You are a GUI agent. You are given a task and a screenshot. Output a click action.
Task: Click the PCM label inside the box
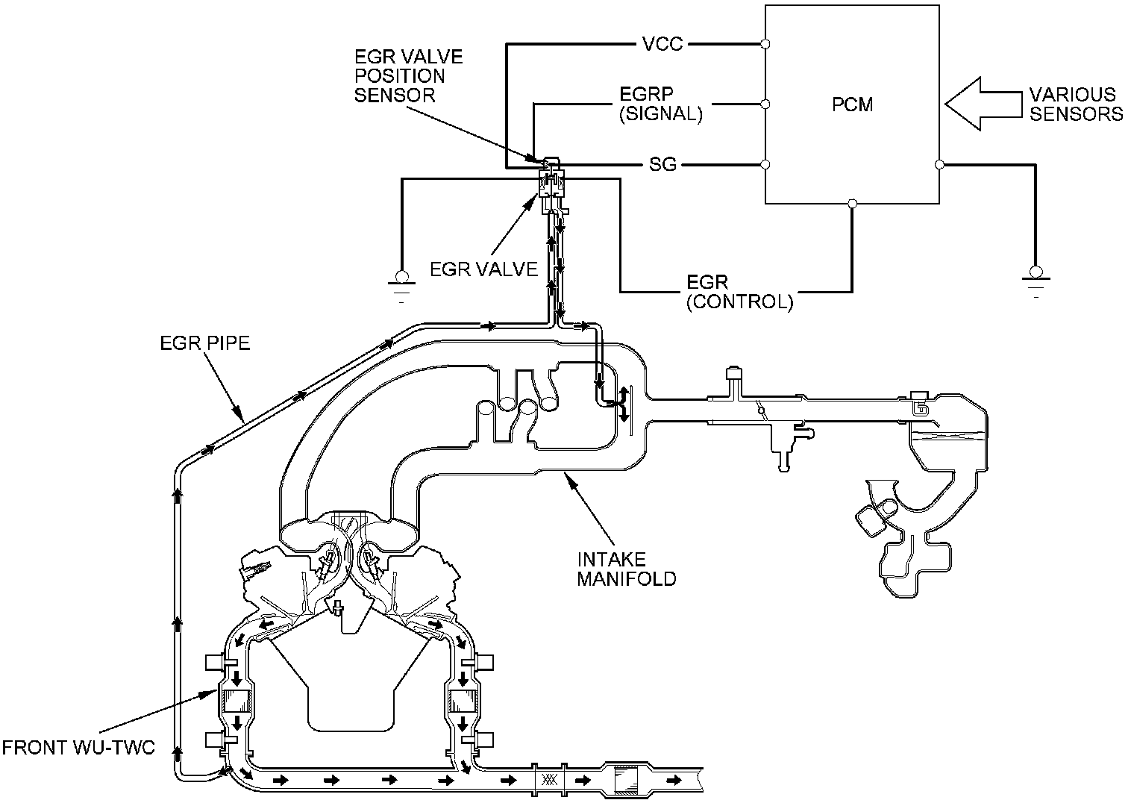point(852,104)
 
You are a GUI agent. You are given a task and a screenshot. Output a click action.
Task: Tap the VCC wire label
point(662,44)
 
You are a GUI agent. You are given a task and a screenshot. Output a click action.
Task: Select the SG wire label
point(662,164)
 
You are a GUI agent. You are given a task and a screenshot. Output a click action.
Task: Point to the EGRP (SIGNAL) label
point(661,104)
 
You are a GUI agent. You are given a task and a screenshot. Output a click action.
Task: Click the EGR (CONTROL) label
point(739,292)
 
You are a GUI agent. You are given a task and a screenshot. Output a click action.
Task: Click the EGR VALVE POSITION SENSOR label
point(408,76)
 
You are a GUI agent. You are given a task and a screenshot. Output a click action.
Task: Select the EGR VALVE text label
point(483,269)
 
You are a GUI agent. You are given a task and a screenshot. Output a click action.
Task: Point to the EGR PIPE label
point(205,343)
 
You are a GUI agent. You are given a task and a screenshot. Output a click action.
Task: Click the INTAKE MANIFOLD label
point(627,568)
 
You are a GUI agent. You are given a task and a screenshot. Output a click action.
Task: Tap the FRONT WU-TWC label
point(78,747)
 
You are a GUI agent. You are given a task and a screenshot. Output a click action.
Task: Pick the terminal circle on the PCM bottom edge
point(853,202)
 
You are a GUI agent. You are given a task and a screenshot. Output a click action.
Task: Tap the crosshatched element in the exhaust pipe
point(549,780)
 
